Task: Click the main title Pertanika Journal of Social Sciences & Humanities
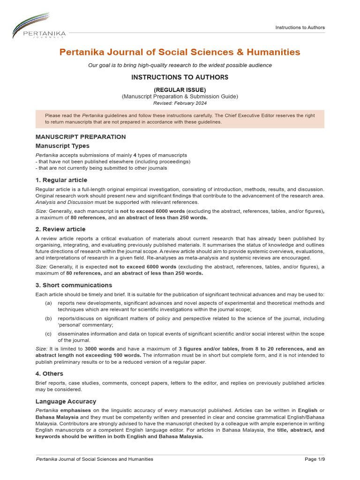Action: coord(180,52)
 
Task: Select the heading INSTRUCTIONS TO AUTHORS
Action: coord(180,77)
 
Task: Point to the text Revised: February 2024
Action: coord(180,103)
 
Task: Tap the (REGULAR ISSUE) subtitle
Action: coord(180,90)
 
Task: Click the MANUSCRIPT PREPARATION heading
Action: coord(81,137)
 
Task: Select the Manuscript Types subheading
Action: coord(62,146)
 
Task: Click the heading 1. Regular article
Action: coord(61,180)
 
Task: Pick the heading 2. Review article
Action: coord(60,229)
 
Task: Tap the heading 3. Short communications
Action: coord(74,285)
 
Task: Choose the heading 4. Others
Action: coord(49,374)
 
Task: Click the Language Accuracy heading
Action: coord(66,401)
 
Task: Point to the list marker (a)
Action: coord(48,303)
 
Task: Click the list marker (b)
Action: coord(48,319)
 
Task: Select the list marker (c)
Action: coord(48,334)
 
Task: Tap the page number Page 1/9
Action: coord(315,459)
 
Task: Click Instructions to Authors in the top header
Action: coord(300,27)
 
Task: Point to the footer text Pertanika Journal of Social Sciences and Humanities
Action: coord(94,459)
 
